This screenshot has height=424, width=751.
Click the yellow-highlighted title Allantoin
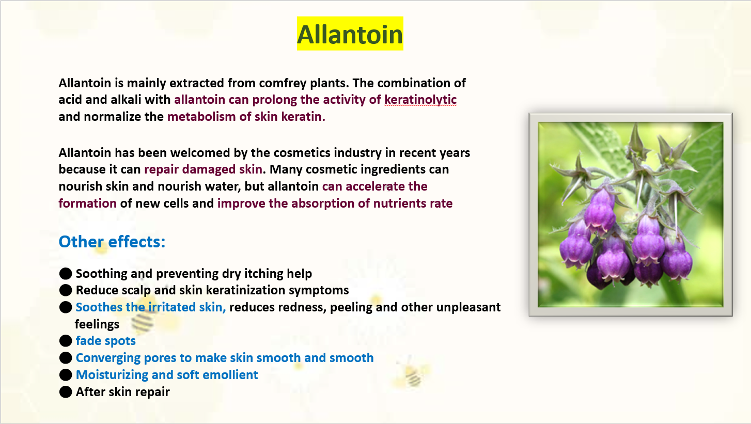[350, 34]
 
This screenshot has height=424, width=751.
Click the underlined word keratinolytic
[420, 100]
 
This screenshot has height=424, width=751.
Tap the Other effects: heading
[112, 241]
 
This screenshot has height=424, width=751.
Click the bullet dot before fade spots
[66, 341]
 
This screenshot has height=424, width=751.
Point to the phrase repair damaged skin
[203, 169]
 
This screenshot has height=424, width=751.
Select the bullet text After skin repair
[123, 392]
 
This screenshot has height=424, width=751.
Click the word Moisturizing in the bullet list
[112, 375]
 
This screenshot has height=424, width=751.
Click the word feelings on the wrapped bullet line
[97, 324]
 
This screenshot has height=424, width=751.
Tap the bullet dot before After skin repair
[66, 392]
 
